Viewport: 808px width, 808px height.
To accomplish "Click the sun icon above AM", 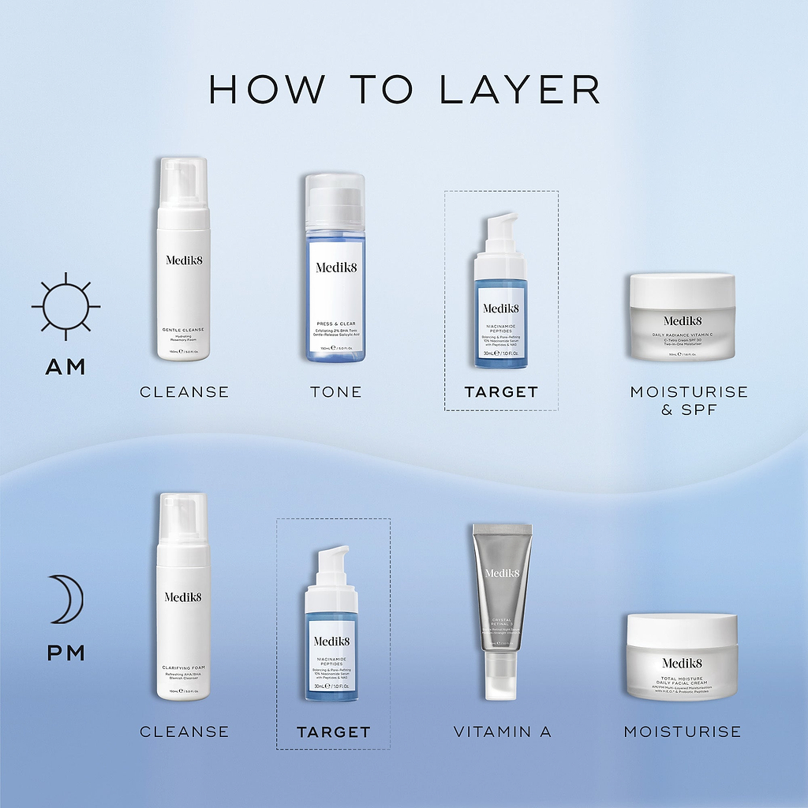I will click(65, 306).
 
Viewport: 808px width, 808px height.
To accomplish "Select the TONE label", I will click(336, 392).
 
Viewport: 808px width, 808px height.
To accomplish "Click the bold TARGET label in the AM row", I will click(501, 392).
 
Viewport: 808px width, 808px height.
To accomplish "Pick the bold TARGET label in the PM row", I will click(333, 732).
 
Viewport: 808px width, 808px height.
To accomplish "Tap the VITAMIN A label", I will click(502, 732).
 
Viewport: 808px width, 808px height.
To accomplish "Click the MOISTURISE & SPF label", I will click(689, 401).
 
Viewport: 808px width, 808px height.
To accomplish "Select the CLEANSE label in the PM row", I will click(184, 732).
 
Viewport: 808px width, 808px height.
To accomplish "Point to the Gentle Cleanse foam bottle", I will click(183, 260).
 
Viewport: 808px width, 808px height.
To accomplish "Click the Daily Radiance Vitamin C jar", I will click(682, 316).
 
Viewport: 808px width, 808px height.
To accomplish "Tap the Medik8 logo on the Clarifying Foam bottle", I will click(183, 597).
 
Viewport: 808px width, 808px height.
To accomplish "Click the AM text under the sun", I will click(65, 367).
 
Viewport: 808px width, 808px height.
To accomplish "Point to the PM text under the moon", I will click(65, 655).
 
